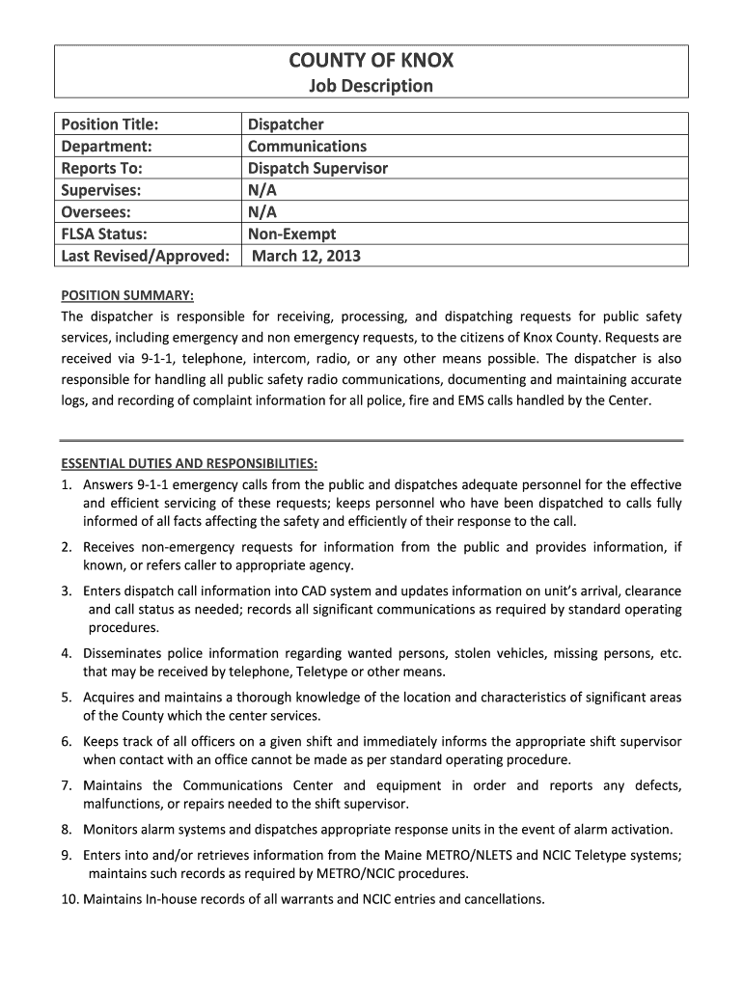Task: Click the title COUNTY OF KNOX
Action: [x=371, y=62]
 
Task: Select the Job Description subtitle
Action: [x=371, y=87]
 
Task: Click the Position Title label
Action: [x=110, y=124]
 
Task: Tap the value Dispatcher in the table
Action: [x=286, y=124]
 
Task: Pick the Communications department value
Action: [x=307, y=147]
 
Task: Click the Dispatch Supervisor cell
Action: [x=317, y=168]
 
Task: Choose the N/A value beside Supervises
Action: [x=262, y=190]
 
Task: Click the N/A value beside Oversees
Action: [x=262, y=212]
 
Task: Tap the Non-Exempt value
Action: [x=292, y=233]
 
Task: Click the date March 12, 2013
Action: [x=306, y=256]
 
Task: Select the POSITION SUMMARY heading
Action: [x=128, y=295]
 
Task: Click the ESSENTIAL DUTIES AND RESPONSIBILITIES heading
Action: [x=189, y=463]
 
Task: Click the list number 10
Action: [x=69, y=899]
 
